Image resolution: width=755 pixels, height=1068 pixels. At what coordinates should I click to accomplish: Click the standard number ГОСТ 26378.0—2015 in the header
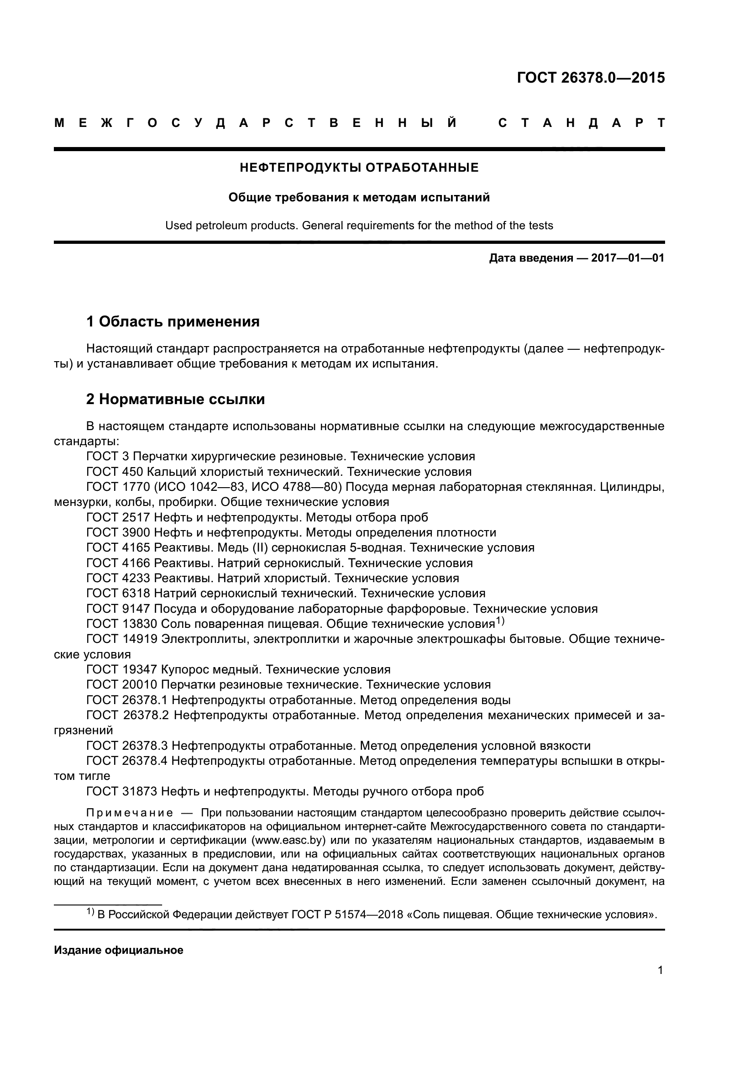coord(590,78)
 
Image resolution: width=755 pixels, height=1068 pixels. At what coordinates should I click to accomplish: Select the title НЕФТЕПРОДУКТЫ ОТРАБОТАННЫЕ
coord(359,168)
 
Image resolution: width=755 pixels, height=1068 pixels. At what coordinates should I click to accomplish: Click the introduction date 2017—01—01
coord(628,258)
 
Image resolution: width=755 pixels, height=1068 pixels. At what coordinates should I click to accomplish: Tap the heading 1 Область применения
coord(173,321)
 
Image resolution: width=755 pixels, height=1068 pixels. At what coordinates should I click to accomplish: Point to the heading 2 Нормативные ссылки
coord(175,399)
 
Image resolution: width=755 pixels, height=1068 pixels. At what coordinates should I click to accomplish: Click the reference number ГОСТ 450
coord(115,472)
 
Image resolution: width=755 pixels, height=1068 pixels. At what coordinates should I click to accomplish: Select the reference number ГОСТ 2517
coord(118,517)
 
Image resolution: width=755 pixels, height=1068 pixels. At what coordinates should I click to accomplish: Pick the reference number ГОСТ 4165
coord(118,547)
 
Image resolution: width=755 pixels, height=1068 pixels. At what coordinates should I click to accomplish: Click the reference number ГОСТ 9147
coord(118,608)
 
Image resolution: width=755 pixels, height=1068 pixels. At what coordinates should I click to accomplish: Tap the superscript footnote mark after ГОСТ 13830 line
coord(500,621)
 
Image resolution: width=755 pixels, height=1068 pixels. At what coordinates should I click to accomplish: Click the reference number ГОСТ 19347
coord(122,669)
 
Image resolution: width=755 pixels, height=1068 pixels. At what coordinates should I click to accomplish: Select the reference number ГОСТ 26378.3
coord(127,746)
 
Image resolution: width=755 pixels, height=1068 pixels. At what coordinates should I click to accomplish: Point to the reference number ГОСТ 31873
coord(122,791)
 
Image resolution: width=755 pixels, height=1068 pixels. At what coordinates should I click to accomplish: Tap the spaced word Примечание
coord(130,813)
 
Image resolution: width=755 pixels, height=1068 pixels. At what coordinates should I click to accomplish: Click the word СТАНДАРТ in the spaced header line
coord(581,123)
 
